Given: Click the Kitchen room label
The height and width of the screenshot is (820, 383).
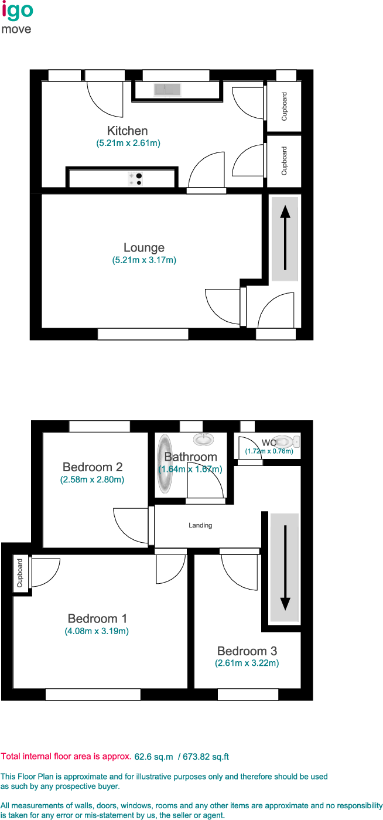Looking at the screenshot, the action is point(127,131).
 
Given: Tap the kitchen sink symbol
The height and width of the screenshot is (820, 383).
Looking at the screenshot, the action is point(167,90).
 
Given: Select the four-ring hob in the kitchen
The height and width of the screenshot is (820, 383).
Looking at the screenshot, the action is point(135,179).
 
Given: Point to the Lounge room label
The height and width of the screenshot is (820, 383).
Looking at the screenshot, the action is point(143,247).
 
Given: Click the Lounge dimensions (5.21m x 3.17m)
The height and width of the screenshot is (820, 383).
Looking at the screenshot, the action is point(144,260).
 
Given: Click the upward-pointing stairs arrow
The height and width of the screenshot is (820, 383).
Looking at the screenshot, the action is point(285,238).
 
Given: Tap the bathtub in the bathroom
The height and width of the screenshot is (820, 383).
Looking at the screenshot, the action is point(165,464).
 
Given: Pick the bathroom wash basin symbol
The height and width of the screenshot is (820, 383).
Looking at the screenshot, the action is point(204,439).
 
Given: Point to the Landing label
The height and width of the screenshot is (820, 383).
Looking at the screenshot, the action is point(200,525).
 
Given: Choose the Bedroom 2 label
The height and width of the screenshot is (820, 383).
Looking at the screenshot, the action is point(93,467).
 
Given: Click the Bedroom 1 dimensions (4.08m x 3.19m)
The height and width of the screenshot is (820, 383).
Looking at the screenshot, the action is point(97,631).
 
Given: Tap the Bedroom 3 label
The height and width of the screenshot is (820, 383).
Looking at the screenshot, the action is point(247,651).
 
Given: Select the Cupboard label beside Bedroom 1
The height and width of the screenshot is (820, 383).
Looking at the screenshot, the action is point(20,573).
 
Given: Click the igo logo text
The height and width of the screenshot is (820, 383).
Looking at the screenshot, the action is point(18,10).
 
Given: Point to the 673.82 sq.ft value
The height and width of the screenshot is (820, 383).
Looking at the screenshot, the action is point(206,757).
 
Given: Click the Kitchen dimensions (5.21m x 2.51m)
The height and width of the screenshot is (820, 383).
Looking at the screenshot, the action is point(128,144).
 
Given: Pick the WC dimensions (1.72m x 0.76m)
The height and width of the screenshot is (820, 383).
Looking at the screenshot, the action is point(269,451).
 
